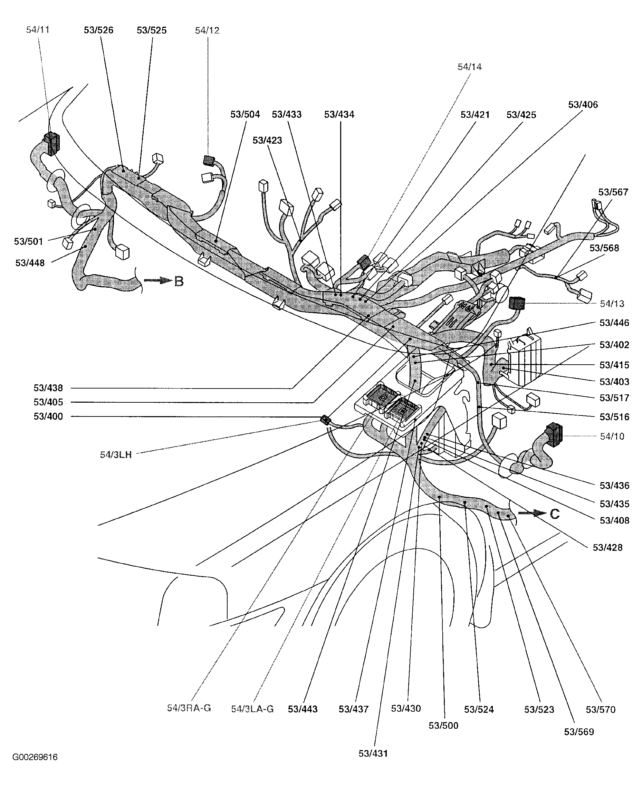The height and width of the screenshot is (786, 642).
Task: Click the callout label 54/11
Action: pos(38,30)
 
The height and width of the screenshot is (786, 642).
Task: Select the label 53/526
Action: pos(98,30)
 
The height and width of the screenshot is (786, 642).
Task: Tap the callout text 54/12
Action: pos(207,30)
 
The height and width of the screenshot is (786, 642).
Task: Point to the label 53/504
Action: pos(245,114)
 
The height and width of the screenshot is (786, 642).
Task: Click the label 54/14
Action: pos(470,67)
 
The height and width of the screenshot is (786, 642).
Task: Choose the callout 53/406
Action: pos(583,105)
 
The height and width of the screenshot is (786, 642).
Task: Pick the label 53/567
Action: pos(613,192)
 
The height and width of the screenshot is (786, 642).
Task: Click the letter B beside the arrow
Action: pos(179,282)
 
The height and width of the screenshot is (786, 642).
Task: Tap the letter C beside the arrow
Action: pos(555,514)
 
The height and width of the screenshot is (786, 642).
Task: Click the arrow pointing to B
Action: pos(158,281)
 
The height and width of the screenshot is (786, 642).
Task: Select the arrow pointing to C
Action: pos(532,513)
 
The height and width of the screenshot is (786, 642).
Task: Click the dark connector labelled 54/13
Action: pos(517,303)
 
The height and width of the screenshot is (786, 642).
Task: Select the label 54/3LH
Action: pos(116,455)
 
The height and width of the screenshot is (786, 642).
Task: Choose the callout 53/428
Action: pos(607,547)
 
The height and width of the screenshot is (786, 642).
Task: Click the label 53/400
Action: pos(48,416)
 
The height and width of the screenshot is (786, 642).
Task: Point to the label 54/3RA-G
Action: pos(189,708)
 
